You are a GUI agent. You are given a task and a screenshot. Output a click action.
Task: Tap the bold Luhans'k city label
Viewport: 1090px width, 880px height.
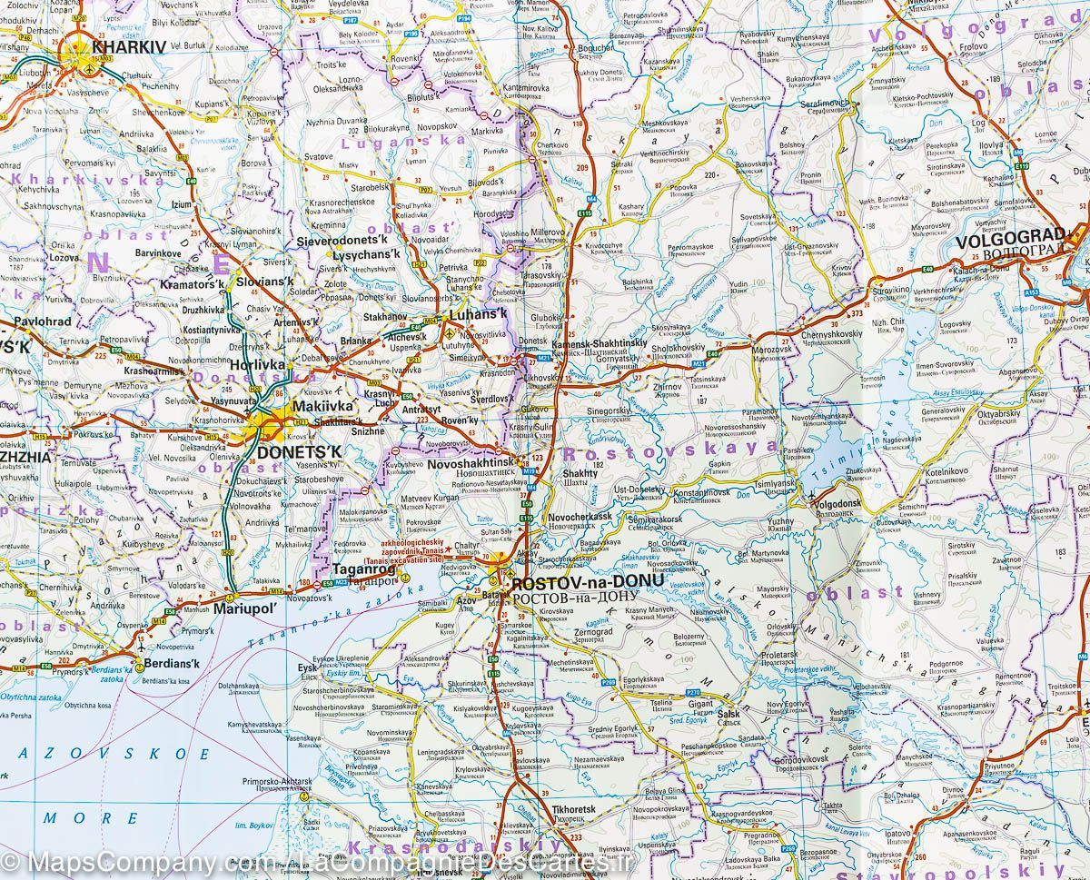[x=475, y=313]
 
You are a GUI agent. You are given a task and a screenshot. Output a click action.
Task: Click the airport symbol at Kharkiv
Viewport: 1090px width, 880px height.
[x=88, y=65]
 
